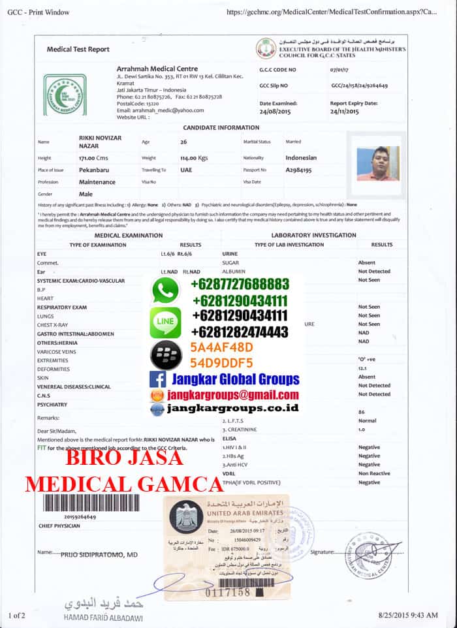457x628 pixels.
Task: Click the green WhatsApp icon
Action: pyautogui.click(x=165, y=290)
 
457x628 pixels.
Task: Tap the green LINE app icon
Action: pyautogui.click(x=165, y=322)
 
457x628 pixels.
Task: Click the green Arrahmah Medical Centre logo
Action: pyautogui.click(x=65, y=94)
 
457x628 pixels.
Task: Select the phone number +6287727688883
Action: pyautogui.click(x=240, y=285)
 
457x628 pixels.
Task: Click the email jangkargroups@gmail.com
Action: pyautogui.click(x=233, y=395)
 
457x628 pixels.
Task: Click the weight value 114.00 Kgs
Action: pyautogui.click(x=194, y=158)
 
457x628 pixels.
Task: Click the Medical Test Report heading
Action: pyautogui.click(x=78, y=50)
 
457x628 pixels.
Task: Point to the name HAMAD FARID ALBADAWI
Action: pyautogui.click(x=103, y=617)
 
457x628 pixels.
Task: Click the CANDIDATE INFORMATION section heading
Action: pyautogui.click(x=221, y=128)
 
